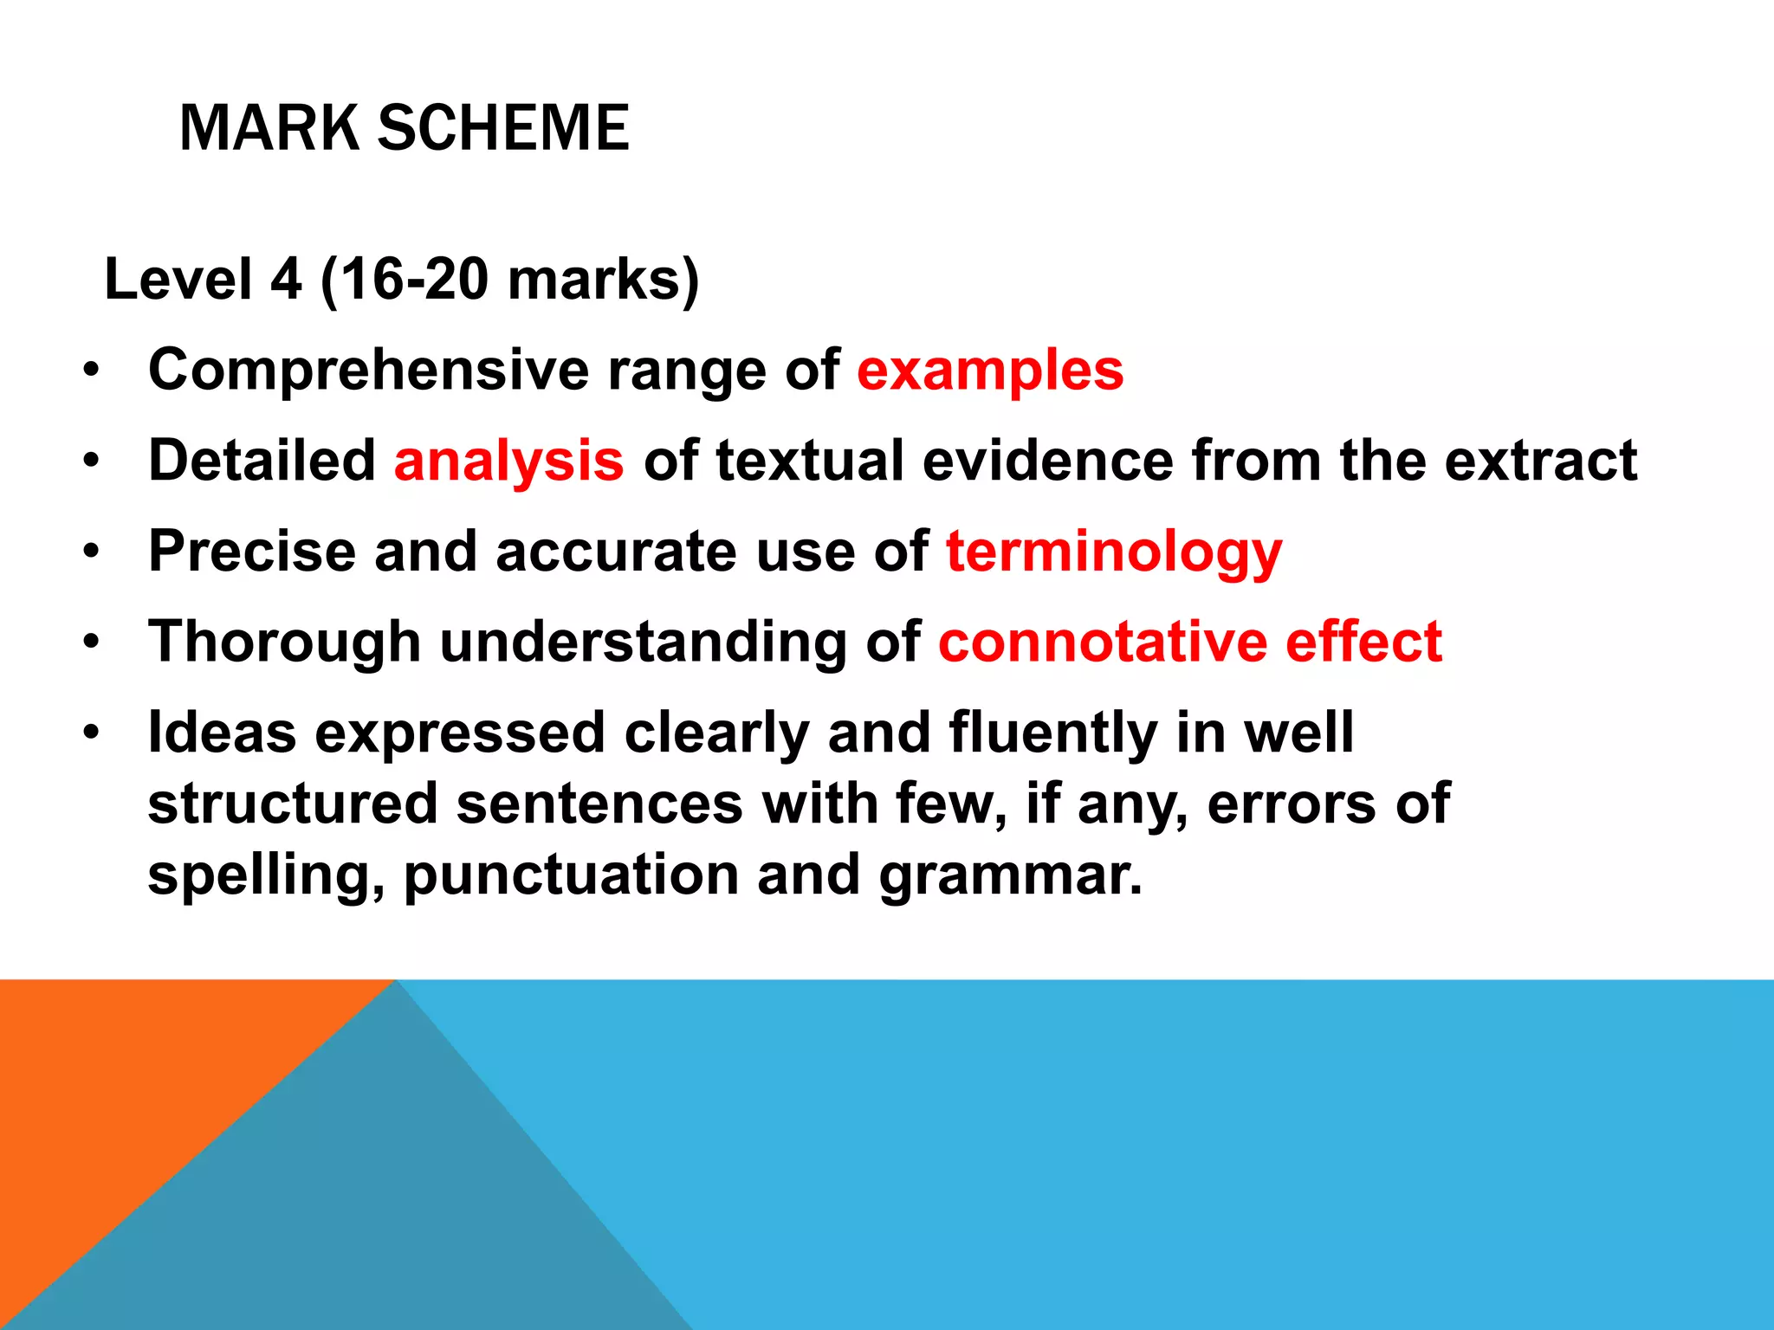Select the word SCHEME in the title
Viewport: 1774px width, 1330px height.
click(503, 128)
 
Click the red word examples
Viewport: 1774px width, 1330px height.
click(990, 371)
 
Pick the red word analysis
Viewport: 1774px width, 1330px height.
click(508, 460)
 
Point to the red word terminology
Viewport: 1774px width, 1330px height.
click(1114, 552)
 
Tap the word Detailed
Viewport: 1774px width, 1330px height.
click(262, 460)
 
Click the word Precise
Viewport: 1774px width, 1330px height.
click(252, 551)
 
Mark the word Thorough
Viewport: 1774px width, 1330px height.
click(284, 642)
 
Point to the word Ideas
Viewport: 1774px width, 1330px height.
click(222, 733)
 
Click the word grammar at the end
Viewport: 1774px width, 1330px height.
click(1011, 876)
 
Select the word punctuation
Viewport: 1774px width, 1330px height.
click(571, 876)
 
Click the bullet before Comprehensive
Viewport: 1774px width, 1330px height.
click(92, 372)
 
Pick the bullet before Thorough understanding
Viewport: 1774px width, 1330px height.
click(92, 643)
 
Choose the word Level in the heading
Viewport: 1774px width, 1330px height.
click(178, 280)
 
